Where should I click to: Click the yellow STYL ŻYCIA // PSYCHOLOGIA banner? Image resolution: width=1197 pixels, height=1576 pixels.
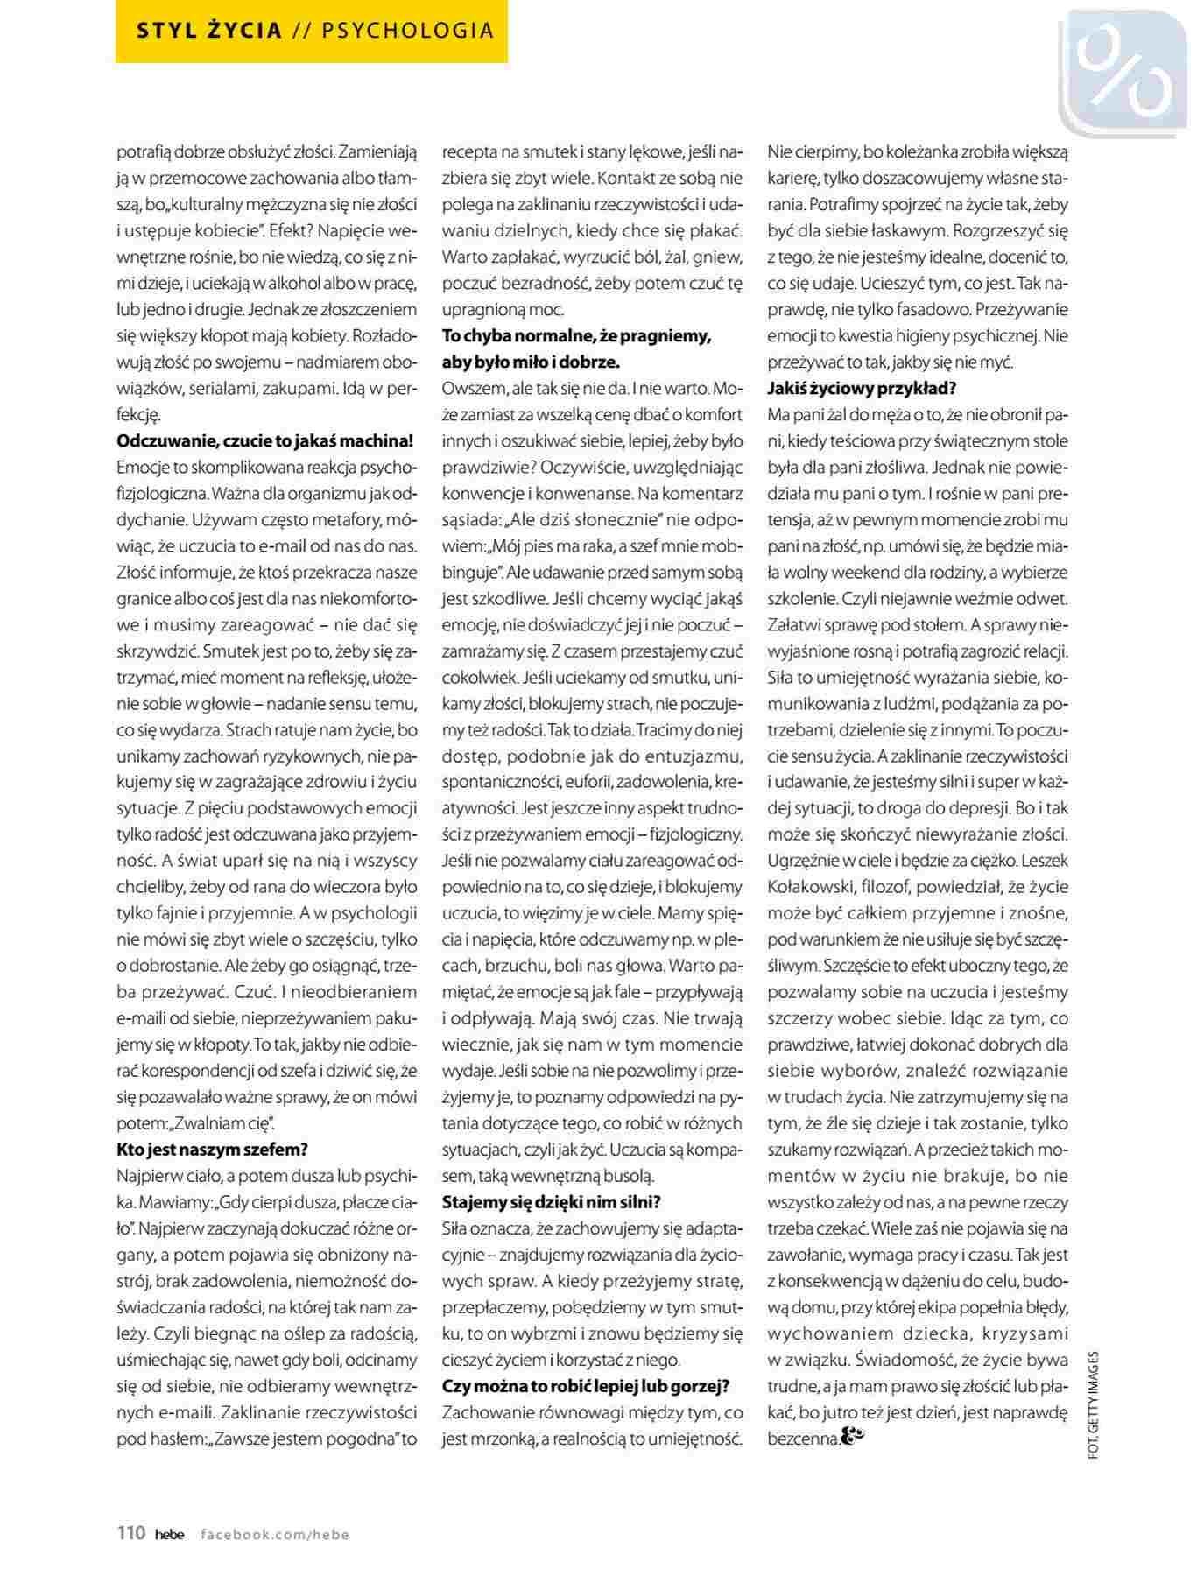point(312,32)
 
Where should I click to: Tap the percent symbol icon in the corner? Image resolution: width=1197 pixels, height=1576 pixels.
point(1123,74)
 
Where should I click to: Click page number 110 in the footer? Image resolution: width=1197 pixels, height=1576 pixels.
point(131,1533)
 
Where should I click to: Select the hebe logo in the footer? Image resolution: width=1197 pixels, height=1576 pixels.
point(170,1534)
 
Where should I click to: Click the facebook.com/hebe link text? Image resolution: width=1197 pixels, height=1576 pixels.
point(275,1534)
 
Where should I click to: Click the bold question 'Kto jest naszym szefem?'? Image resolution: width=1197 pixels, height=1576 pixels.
point(212,1150)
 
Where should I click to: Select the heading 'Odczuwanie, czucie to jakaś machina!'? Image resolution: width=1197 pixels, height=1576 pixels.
point(264,440)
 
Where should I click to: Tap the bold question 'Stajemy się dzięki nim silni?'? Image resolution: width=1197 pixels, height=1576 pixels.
point(552,1202)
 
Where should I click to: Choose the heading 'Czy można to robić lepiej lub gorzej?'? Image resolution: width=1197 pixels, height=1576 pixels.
point(586,1386)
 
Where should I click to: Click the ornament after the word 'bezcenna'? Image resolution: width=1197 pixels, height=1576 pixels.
point(852,1437)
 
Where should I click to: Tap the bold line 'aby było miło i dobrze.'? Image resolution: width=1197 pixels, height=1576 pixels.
point(531,362)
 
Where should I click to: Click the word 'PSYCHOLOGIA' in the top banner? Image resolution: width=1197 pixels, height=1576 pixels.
point(408,32)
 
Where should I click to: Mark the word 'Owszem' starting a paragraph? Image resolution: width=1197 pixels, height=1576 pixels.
point(469,388)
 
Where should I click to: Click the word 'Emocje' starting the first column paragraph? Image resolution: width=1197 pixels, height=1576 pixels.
point(142,467)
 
